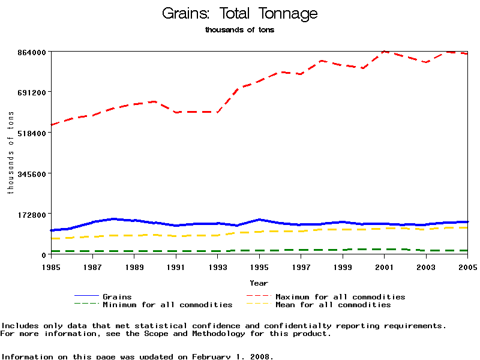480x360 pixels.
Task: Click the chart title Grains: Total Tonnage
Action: tap(240, 14)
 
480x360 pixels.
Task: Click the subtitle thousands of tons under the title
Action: tap(239, 30)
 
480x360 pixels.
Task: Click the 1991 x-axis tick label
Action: tap(176, 266)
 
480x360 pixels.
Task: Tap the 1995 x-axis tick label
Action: tap(259, 266)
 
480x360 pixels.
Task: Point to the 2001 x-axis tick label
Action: tap(385, 266)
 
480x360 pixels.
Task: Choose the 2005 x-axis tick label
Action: tap(467, 266)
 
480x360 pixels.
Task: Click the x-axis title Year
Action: tap(259, 283)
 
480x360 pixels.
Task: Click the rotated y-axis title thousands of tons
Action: tap(10, 153)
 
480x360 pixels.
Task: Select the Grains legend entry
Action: tap(117, 297)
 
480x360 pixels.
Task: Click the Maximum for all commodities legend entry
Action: tap(340, 297)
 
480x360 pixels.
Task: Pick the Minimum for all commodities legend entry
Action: tap(167, 305)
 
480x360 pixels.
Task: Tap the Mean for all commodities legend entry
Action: tap(333, 305)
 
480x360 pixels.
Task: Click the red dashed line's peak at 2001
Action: tap(385, 52)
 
